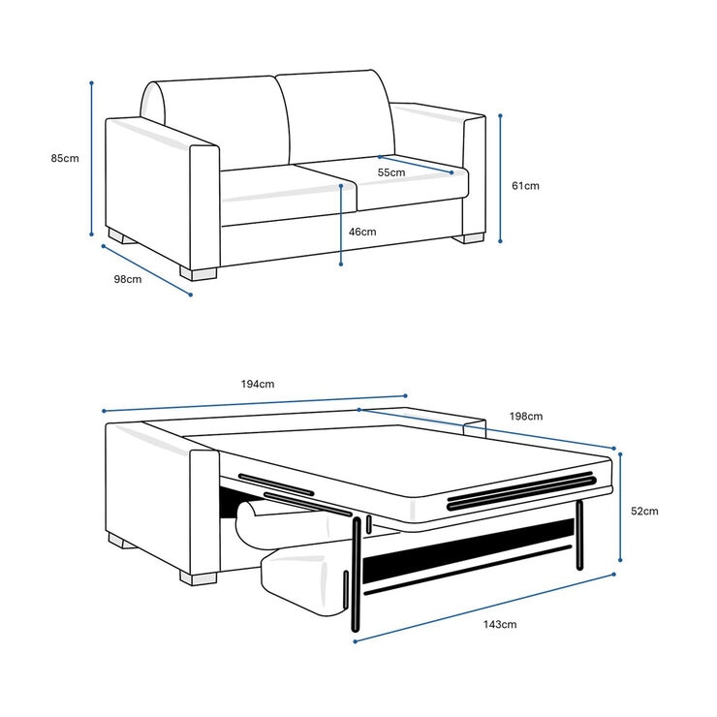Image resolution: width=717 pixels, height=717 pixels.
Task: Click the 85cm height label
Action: (65, 159)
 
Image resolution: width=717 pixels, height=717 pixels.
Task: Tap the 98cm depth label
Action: (127, 279)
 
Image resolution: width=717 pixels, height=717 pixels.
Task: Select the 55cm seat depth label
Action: (391, 172)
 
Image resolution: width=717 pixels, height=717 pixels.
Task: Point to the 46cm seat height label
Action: (362, 232)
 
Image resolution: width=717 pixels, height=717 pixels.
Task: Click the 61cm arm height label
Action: (525, 185)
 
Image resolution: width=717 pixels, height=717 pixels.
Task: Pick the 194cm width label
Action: (258, 384)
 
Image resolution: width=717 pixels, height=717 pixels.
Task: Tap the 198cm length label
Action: (526, 417)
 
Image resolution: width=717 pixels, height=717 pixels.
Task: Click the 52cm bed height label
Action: (644, 511)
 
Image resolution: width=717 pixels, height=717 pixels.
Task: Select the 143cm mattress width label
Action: (500, 624)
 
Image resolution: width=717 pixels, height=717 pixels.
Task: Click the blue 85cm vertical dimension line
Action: (92, 159)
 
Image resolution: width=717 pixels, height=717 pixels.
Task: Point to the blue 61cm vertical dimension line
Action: (501, 178)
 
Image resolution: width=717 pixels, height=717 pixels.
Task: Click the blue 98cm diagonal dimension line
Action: (146, 270)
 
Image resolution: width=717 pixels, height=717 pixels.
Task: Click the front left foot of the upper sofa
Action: (203, 273)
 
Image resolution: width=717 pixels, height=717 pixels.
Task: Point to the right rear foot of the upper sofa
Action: (472, 237)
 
